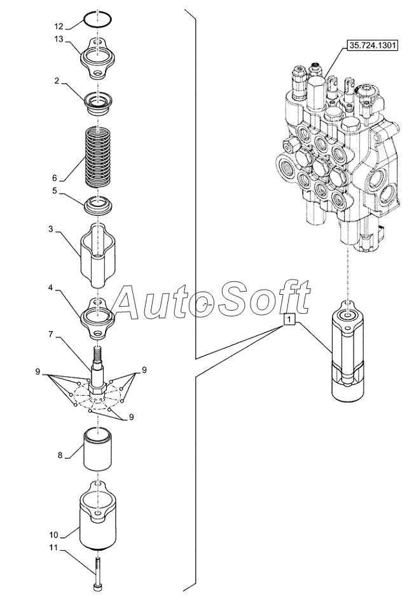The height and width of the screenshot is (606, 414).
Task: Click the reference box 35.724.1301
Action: coord(373,46)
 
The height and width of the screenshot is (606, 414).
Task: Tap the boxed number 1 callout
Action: coord(290,320)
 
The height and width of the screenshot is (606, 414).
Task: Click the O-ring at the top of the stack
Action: coord(98,19)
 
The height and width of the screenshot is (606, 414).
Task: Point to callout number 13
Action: coord(59,39)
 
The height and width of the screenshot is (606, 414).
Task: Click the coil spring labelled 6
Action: coord(99,156)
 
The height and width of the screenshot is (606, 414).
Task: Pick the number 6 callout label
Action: coord(55,178)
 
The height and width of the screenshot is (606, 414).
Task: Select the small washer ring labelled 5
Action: coord(99,205)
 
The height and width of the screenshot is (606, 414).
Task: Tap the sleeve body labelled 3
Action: coord(99,255)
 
